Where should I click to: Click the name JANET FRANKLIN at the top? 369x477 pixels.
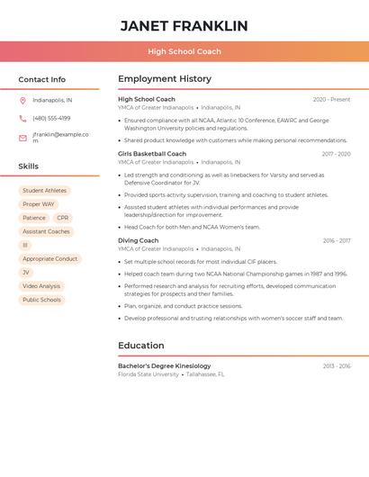point(184,25)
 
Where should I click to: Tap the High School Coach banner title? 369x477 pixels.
point(184,51)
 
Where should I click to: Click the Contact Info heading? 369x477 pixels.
point(41,79)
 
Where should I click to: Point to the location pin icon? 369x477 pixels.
point(22,100)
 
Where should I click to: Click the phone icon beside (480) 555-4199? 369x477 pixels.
point(22,118)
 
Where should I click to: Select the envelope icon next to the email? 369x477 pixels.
point(22,138)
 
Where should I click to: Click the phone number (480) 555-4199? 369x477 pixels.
point(51,118)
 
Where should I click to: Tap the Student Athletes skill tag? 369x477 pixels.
point(44,191)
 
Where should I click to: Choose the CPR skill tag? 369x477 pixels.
point(62,218)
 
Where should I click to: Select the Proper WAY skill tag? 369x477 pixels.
point(39,204)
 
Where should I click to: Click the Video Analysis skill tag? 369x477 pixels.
point(41,286)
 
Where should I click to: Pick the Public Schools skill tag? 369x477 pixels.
point(41,300)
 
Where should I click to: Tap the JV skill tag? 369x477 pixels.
point(26,273)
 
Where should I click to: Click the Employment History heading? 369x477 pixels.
point(165,79)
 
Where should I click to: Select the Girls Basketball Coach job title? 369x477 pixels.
point(152,154)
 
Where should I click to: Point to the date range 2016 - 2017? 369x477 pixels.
point(337,241)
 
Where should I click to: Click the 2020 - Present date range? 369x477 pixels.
point(331,99)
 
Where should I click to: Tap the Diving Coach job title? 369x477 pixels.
point(138,241)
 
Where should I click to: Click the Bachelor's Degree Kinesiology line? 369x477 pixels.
point(164,366)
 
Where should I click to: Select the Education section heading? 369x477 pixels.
point(142,346)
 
